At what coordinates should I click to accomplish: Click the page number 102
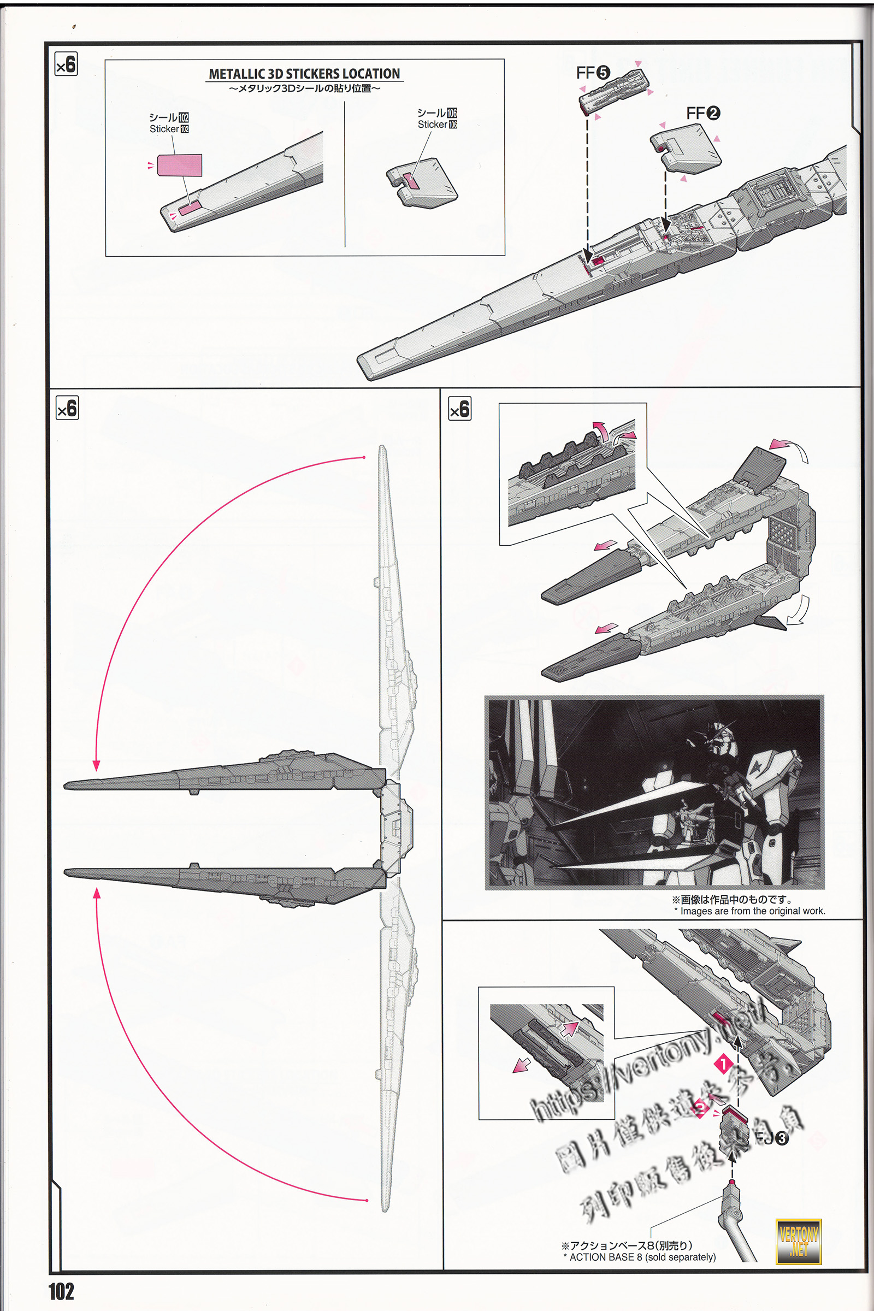61,1291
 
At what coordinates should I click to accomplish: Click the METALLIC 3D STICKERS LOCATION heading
304,74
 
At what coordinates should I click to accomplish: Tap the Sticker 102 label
169,129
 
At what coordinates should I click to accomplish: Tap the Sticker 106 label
437,125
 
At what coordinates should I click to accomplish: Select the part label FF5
593,73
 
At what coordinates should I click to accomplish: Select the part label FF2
703,113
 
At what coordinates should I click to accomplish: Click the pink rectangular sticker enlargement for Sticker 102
180,165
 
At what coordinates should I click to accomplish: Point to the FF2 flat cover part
686,147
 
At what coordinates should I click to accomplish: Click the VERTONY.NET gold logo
798,1241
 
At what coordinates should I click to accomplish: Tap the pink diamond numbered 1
723,1064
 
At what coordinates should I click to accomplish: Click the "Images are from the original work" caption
752,911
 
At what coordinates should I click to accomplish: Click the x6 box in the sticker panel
66,64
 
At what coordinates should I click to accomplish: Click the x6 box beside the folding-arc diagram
67,408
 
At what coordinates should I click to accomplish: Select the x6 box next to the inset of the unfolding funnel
459,409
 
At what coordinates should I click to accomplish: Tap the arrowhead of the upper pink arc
97,765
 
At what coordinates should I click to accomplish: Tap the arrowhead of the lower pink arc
97,894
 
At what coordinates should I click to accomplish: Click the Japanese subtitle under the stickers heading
304,88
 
